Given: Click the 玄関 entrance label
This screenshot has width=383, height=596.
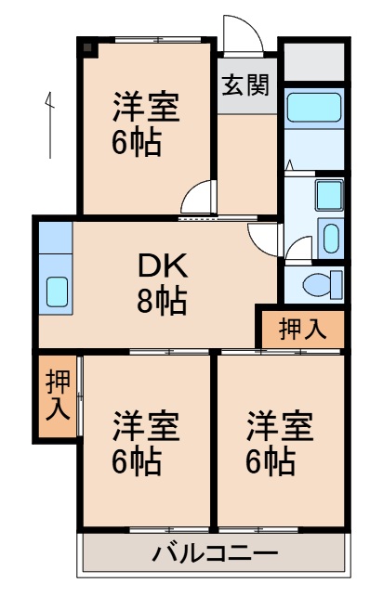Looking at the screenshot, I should point(245,85).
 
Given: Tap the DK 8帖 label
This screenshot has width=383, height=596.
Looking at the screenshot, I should point(163,284).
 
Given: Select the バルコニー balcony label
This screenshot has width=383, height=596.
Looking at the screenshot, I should point(215,554).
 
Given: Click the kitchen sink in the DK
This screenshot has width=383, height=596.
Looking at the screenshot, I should point(57,292).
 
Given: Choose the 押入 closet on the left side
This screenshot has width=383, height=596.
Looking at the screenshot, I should point(58,395).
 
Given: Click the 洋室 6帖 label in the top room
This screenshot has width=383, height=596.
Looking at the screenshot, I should point(146,123).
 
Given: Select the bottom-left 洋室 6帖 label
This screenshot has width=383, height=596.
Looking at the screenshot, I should point(146,444).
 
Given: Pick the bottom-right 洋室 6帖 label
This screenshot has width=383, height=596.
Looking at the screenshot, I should point(280,444).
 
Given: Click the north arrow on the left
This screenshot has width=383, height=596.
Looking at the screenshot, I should point(48,121).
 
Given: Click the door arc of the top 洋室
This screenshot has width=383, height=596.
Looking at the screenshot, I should point(199,198).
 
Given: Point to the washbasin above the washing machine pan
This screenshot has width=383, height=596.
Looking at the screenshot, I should point(328,195).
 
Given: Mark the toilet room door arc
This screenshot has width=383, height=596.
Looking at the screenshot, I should point(298,249).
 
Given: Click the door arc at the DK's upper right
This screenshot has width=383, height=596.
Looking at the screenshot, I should point(263,236).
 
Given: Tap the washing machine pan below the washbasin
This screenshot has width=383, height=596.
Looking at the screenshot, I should point(330,237).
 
